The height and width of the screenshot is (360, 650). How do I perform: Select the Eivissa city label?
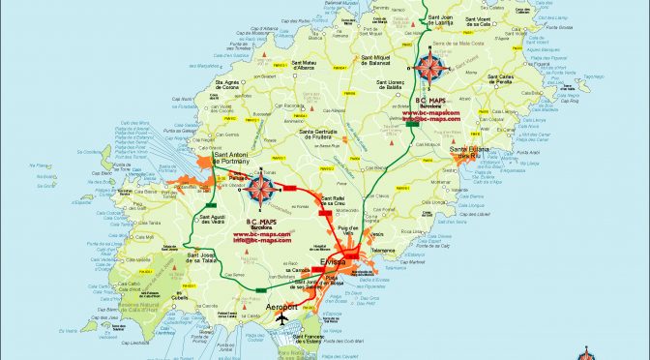pyautogui.click(x=334, y=262)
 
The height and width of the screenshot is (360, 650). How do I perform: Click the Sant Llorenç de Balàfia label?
pyautogui.click(x=382, y=87)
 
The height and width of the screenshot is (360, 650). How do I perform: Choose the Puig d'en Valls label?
pyautogui.click(x=349, y=222)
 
